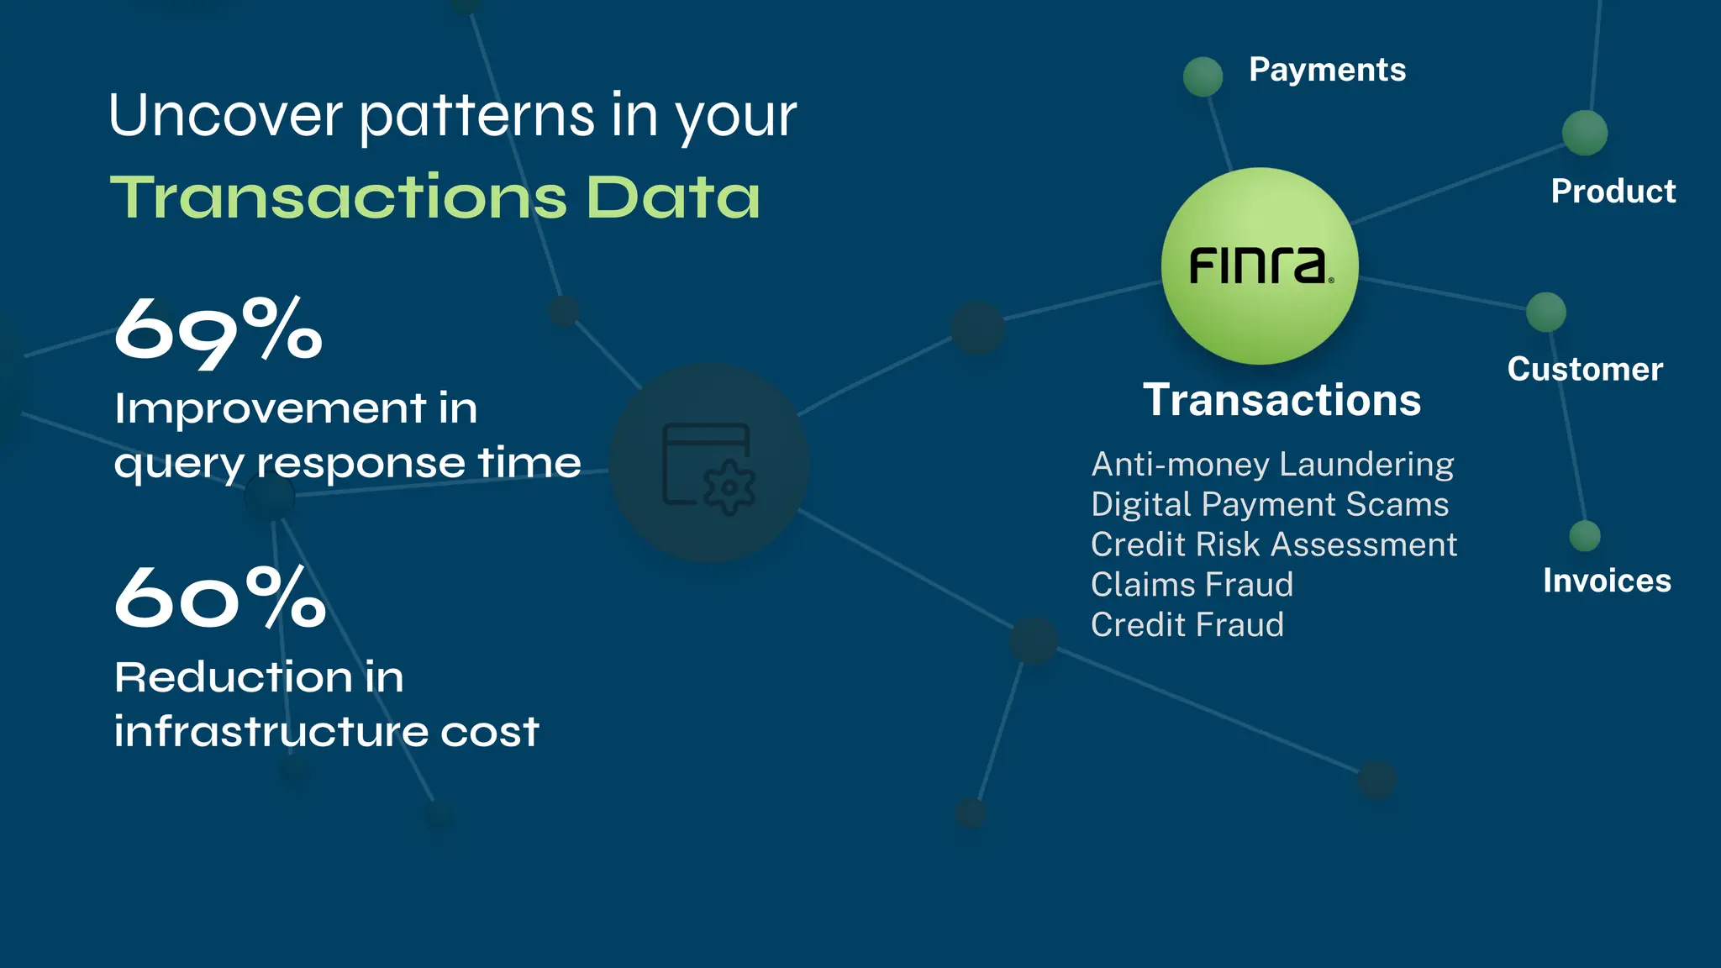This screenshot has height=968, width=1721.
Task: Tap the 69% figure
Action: point(218,331)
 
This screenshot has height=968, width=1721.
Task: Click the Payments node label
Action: point(1327,70)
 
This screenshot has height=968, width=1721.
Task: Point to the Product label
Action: point(1613,192)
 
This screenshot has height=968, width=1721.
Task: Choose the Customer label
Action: point(1585,370)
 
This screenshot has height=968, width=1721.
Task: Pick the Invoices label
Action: point(1607,581)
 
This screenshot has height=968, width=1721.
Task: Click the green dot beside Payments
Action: point(1203,76)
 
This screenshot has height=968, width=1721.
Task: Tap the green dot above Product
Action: point(1585,133)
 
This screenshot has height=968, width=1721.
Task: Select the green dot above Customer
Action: point(1546,313)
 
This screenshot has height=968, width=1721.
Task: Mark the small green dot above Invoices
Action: point(1585,536)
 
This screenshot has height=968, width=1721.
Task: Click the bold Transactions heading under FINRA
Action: point(1282,400)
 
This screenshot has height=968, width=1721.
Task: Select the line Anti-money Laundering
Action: point(1272,465)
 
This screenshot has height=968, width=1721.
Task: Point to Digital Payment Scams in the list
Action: point(1270,505)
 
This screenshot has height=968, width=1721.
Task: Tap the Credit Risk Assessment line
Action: point(1274,545)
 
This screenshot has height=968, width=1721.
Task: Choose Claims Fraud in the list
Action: point(1192,585)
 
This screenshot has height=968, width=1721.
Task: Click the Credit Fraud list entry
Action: point(1187,625)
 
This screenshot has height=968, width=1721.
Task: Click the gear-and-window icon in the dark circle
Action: point(709,467)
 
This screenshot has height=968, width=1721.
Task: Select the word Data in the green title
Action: point(672,197)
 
